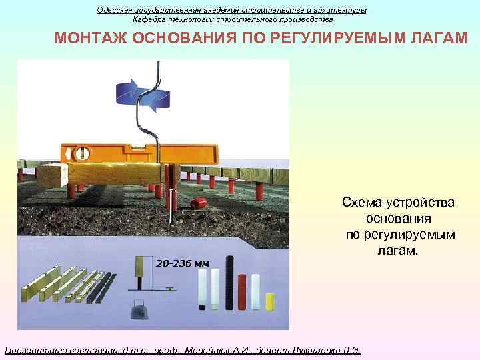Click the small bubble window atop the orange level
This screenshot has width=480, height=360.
click(139, 143)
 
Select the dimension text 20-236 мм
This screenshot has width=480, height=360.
click(183, 263)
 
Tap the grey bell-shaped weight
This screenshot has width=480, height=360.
click(138, 313)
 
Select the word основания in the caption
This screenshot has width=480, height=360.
click(399, 219)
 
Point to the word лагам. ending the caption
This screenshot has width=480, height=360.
click(399, 251)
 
